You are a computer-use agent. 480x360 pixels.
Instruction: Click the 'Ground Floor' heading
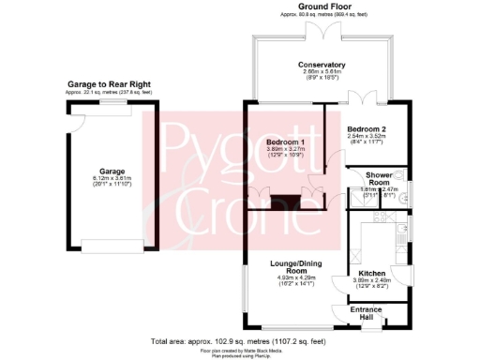click(x=320, y=7)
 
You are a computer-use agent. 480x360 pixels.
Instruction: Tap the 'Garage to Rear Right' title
click(x=109, y=83)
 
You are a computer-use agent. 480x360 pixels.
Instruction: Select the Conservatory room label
click(x=320, y=65)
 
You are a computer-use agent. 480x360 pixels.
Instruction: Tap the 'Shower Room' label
click(x=379, y=178)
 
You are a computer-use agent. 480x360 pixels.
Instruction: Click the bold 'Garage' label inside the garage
click(x=112, y=172)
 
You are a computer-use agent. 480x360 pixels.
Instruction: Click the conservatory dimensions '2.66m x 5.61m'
click(x=320, y=72)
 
